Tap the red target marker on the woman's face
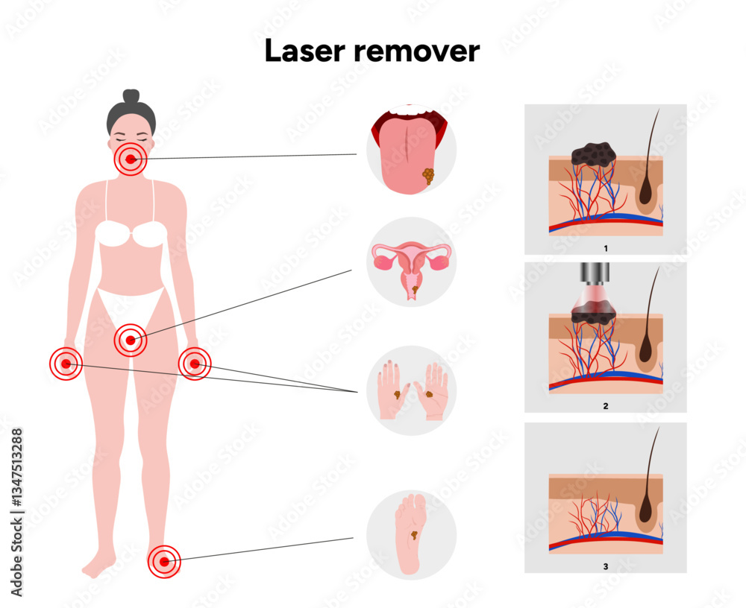(131, 159)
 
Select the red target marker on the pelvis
(131, 341)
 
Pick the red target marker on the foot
(163, 560)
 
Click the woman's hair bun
(131, 96)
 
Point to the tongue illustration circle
(410, 149)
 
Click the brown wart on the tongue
(427, 176)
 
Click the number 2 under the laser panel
(605, 406)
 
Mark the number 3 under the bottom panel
(605, 566)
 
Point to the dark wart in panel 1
(593, 153)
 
